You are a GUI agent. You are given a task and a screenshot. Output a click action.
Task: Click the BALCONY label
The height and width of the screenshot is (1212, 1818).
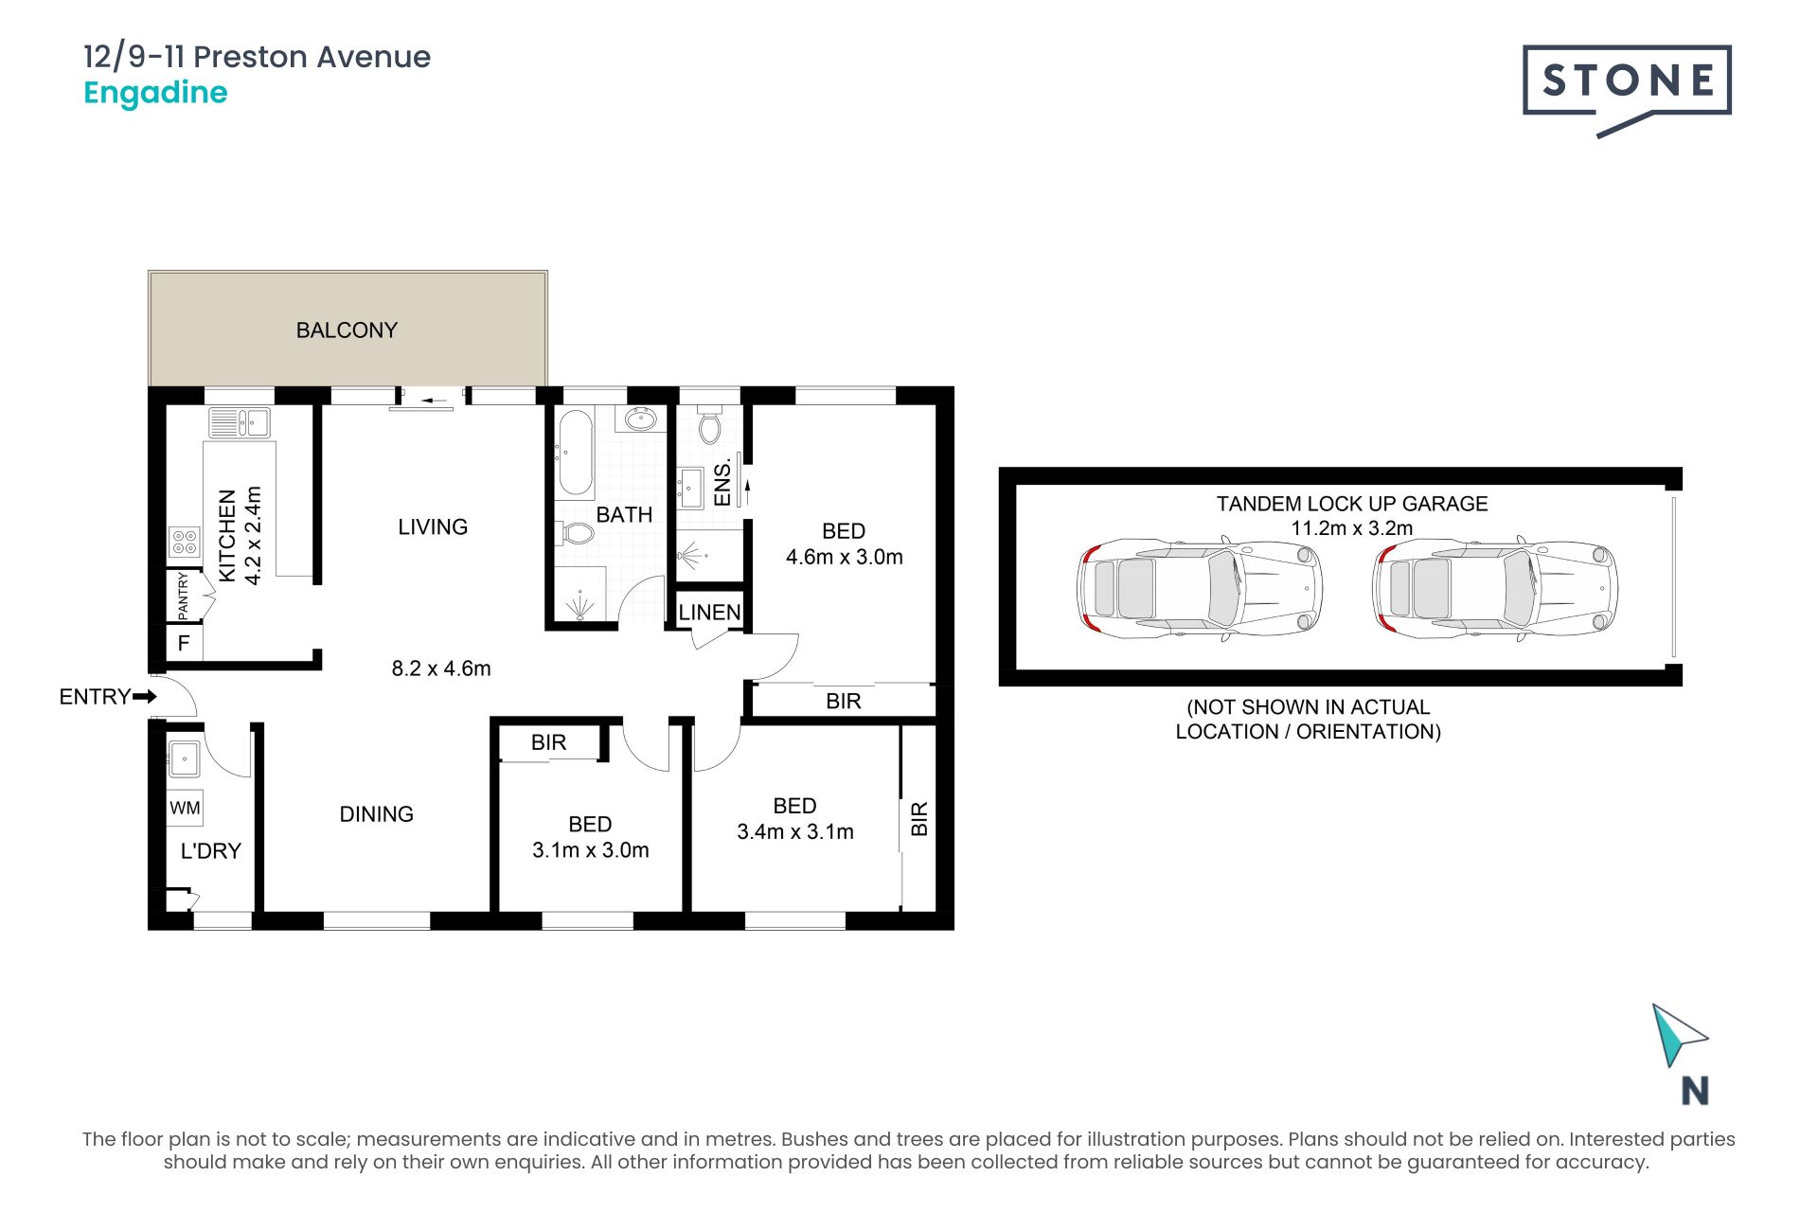point(347,330)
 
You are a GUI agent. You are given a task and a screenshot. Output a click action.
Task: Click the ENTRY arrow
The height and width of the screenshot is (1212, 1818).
point(145,697)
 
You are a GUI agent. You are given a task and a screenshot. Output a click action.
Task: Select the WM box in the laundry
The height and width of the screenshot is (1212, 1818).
point(185,808)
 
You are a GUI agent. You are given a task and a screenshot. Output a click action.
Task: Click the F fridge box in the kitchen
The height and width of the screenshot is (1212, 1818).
point(184,643)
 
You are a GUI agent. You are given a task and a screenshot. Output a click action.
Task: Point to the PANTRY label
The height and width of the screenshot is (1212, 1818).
point(184,596)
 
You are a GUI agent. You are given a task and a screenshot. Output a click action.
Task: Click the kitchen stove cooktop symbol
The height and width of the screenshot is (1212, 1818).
point(185,542)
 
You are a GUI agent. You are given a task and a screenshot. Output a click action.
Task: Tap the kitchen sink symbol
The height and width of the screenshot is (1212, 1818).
point(240,422)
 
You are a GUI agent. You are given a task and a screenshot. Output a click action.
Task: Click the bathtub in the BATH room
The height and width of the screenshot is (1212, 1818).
point(575,454)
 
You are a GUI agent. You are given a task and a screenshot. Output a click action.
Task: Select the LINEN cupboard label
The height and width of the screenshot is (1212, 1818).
point(709,613)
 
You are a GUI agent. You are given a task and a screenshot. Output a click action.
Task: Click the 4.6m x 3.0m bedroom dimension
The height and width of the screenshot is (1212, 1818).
point(844,557)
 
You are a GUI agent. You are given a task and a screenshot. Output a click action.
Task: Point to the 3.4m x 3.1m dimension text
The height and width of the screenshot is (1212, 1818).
point(795,831)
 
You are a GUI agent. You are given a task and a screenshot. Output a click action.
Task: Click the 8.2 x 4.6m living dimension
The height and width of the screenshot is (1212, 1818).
point(441,668)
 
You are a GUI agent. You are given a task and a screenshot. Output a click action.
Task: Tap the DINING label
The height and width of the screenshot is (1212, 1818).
point(376,814)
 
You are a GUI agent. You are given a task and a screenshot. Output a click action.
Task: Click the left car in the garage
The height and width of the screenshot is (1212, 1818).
point(1200,588)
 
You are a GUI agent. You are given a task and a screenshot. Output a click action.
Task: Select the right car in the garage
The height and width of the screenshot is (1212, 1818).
point(1494,588)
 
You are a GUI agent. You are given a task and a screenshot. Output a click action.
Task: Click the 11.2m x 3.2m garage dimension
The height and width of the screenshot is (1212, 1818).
point(1352,528)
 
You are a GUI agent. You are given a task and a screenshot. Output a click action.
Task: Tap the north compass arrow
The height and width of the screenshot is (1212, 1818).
point(1676,1035)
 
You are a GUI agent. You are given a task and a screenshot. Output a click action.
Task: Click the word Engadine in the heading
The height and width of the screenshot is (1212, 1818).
point(155,94)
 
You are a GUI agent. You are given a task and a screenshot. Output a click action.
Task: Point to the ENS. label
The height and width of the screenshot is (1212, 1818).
point(722,482)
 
